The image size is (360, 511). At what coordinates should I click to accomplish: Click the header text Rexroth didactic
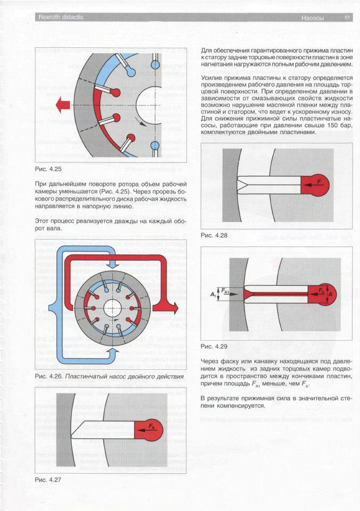click(60, 18)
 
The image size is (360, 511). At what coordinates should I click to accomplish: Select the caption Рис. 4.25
click(48, 170)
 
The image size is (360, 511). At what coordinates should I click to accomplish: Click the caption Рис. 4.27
click(48, 479)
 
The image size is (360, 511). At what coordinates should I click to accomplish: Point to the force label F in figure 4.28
click(318, 182)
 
